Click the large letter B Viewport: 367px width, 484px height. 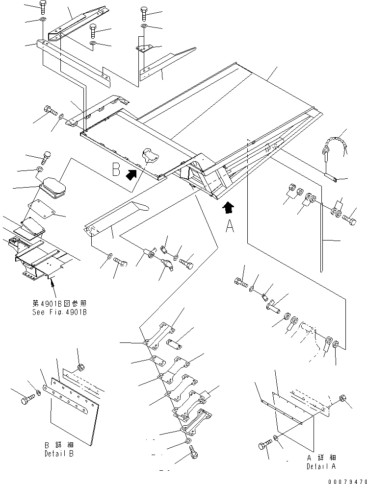pos(116,169)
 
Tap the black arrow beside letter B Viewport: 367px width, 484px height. pos(131,174)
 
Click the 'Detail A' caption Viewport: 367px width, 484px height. pos(321,466)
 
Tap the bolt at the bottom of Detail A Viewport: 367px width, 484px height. pos(263,445)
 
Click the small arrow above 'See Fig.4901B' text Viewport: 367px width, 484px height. pos(51,282)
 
